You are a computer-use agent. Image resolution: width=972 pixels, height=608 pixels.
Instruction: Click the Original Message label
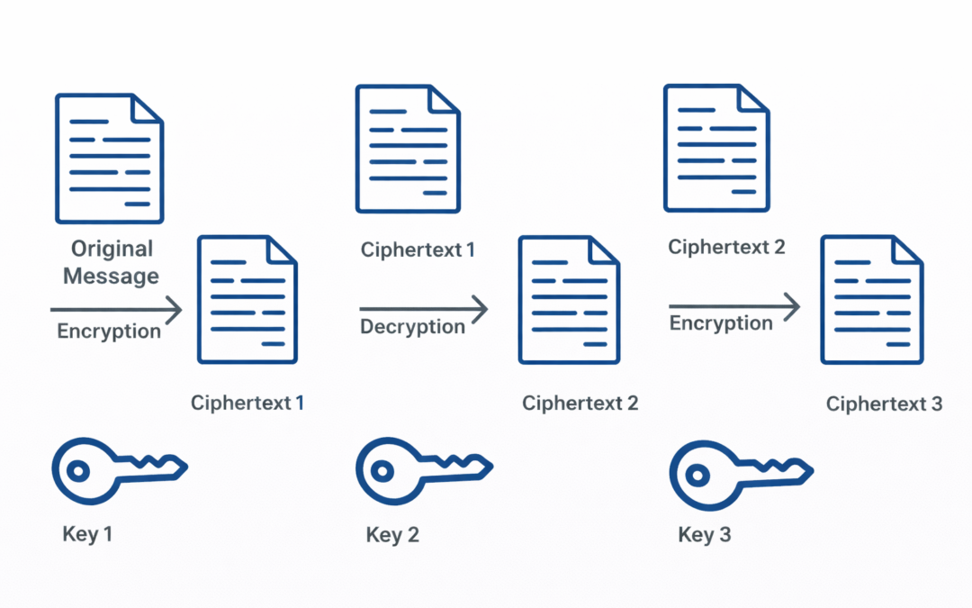pyautogui.click(x=112, y=262)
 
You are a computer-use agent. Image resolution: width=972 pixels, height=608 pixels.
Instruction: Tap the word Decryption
pyautogui.click(x=412, y=327)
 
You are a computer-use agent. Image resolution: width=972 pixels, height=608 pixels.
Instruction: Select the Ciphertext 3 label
pyautogui.click(x=884, y=404)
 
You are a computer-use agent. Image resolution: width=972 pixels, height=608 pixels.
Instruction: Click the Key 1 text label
pyautogui.click(x=87, y=533)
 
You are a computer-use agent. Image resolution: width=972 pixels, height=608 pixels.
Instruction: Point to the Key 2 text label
pyautogui.click(x=392, y=535)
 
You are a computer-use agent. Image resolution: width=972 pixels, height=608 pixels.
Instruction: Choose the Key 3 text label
pyautogui.click(x=704, y=535)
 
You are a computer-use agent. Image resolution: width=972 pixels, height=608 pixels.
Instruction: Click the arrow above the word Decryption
pyautogui.click(x=423, y=310)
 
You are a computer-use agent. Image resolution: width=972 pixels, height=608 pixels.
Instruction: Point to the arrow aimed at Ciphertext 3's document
pyautogui.click(x=733, y=307)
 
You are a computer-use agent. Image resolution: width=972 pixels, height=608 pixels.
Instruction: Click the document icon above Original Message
pyautogui.click(x=110, y=158)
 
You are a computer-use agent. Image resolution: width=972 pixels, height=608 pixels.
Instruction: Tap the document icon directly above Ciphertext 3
pyautogui.click(x=871, y=299)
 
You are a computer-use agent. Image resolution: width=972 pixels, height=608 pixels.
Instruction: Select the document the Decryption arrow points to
pyautogui.click(x=568, y=299)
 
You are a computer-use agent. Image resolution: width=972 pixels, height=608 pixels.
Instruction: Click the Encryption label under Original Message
pyautogui.click(x=109, y=331)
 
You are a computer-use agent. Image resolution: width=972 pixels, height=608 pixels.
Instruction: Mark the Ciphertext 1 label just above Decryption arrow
pyautogui.click(x=418, y=250)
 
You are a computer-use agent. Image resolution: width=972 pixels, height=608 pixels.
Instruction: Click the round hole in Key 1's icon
pyautogui.click(x=78, y=469)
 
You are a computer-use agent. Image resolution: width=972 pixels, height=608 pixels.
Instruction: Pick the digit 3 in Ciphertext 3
pyautogui.click(x=936, y=404)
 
